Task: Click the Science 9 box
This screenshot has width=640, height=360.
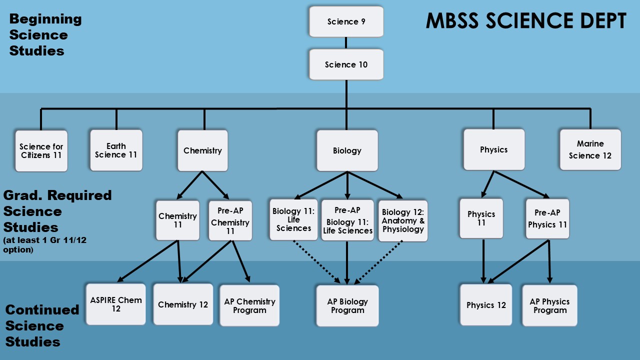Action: [346, 21]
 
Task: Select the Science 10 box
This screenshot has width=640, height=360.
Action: [346, 64]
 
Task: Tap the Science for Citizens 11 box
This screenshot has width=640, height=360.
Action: [41, 151]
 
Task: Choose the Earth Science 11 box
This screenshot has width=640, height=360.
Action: [116, 150]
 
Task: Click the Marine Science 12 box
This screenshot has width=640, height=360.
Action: [590, 149]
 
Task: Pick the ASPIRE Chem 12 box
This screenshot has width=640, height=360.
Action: [116, 304]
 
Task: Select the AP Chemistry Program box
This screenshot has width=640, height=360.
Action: [249, 305]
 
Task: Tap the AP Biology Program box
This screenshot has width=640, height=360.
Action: [347, 305]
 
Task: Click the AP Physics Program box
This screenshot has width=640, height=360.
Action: [549, 305]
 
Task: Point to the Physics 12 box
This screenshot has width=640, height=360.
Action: [486, 305]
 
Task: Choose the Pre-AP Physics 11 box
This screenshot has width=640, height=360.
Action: [547, 218]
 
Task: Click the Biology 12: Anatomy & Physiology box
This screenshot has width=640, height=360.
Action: [403, 220]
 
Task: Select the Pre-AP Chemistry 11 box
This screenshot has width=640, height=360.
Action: [230, 220]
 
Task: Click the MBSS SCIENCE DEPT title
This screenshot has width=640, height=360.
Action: [526, 21]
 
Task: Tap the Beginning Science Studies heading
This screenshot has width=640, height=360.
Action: [45, 35]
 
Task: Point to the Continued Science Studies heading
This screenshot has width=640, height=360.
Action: [42, 325]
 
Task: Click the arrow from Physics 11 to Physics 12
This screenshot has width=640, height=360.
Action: [483, 261]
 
